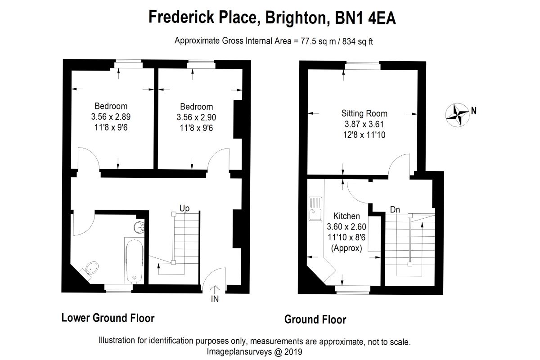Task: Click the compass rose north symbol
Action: tap(457, 115)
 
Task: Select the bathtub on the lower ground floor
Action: tap(134, 261)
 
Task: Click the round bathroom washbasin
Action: tap(139, 227)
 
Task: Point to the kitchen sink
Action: tap(315, 209)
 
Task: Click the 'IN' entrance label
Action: tap(215, 299)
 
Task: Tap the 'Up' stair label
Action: tap(184, 208)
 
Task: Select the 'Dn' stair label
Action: tap(395, 210)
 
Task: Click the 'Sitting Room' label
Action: tap(364, 113)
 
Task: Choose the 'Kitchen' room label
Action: tap(346, 216)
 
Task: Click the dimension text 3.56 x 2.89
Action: tap(111, 117)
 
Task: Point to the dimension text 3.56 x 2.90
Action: tap(196, 117)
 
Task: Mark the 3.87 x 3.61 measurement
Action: tap(364, 124)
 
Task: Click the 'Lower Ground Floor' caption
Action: tap(108, 318)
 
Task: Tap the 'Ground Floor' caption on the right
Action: tap(315, 319)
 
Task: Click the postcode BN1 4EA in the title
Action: tap(365, 18)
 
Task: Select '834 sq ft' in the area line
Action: tap(357, 41)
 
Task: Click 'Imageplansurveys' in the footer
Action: tap(239, 352)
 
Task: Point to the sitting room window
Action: tap(363, 65)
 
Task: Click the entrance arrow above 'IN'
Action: tap(215, 289)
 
